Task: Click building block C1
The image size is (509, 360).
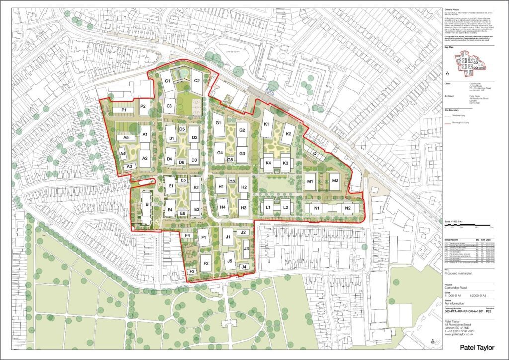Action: [x=168, y=81]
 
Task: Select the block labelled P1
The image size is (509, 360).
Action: [x=124, y=110]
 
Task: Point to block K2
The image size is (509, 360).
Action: [x=287, y=134]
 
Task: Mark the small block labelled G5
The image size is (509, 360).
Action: [x=230, y=160]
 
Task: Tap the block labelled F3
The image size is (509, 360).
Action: [x=192, y=271]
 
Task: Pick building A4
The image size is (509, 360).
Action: [x=123, y=154]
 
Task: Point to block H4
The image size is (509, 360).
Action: [x=223, y=206]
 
